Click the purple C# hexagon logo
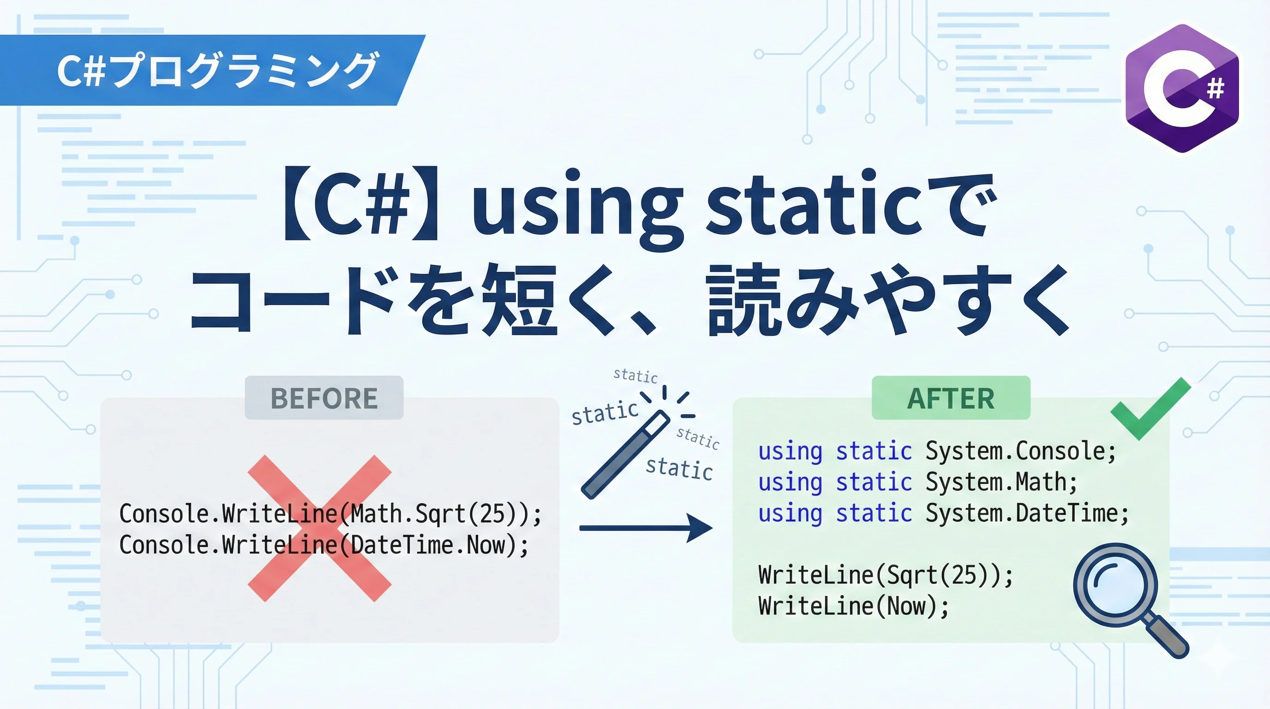[1182, 88]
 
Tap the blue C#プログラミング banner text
[217, 70]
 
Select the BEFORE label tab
[324, 398]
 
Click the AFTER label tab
[951, 398]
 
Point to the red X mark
[319, 528]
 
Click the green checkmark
[1150, 409]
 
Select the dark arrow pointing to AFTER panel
[646, 528]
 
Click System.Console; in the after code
[1020, 451]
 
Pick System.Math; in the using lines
[1001, 482]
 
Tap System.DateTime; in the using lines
[1027, 513]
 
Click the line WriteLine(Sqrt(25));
[886, 576]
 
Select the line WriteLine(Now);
[853, 606]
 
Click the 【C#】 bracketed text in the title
[361, 204]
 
